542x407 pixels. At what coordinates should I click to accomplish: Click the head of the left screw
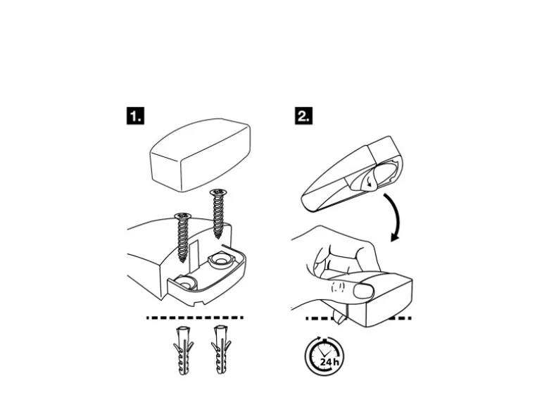(x=183, y=216)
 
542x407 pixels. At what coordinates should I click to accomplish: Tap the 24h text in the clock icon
(x=329, y=361)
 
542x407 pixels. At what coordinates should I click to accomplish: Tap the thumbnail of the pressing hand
(x=364, y=289)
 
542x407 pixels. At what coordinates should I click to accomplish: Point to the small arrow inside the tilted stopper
(x=368, y=182)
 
